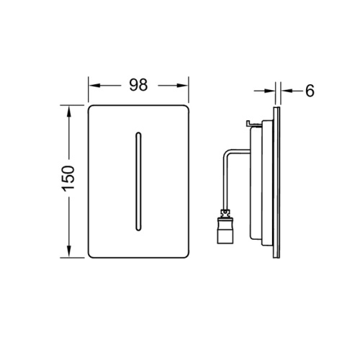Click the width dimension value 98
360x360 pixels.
138,85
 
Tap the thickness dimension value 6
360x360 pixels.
310,91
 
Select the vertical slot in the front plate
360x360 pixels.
138,181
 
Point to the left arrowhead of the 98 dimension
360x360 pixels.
94,86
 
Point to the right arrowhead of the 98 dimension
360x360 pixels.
182,86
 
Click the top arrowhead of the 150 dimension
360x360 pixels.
69,111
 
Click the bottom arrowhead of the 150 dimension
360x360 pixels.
69,251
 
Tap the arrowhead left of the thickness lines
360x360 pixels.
269,91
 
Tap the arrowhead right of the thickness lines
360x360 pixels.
287,91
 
